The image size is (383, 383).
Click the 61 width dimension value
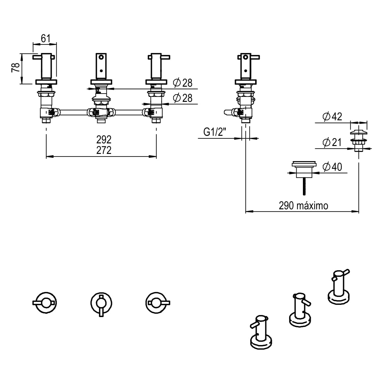[x=45, y=39]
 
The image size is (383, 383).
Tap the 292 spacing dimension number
[x=104, y=139]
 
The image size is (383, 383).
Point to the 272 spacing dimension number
[x=104, y=150]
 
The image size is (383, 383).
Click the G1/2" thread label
[x=215, y=132]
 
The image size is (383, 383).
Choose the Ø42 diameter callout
[x=332, y=116]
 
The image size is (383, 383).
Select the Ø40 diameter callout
[x=332, y=167]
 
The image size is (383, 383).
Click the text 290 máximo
[x=303, y=206]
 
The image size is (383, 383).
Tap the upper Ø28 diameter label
[x=182, y=83]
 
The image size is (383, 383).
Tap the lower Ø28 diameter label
[x=182, y=98]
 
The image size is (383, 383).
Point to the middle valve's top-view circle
[x=101, y=303]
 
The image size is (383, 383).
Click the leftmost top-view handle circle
[x=45, y=302]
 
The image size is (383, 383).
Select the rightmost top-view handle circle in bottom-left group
[x=157, y=302]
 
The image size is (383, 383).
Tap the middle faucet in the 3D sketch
[x=300, y=310]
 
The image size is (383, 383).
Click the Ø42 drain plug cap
[x=358, y=133]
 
